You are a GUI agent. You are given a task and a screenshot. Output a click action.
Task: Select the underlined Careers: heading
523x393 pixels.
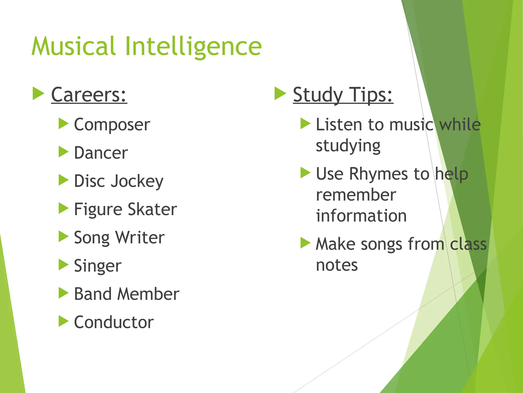click(89, 95)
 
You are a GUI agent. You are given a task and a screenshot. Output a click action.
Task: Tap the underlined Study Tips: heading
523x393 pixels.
click(343, 95)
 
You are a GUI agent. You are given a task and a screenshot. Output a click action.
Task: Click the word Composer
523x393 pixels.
click(112, 125)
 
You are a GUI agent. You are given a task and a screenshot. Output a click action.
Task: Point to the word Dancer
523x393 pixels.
click(101, 153)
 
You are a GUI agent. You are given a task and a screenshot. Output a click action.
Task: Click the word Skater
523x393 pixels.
click(152, 209)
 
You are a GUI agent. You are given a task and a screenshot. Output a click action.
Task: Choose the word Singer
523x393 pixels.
click(98, 266)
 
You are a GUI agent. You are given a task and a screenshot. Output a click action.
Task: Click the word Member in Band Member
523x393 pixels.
click(148, 294)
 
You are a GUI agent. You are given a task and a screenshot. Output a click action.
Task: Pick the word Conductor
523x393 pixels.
click(114, 322)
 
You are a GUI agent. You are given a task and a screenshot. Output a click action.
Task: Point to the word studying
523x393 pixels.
click(348, 146)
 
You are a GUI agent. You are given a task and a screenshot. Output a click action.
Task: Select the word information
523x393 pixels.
click(361, 216)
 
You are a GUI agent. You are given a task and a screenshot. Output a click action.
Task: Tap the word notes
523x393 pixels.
click(337, 265)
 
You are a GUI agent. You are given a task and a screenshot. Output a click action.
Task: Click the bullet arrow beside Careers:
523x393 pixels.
click(38, 93)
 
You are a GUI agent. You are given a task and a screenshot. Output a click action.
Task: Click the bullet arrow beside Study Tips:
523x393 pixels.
click(280, 93)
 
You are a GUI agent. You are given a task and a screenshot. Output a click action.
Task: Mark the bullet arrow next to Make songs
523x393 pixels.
click(305, 243)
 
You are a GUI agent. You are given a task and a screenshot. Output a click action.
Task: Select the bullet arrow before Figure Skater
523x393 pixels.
click(63, 208)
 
